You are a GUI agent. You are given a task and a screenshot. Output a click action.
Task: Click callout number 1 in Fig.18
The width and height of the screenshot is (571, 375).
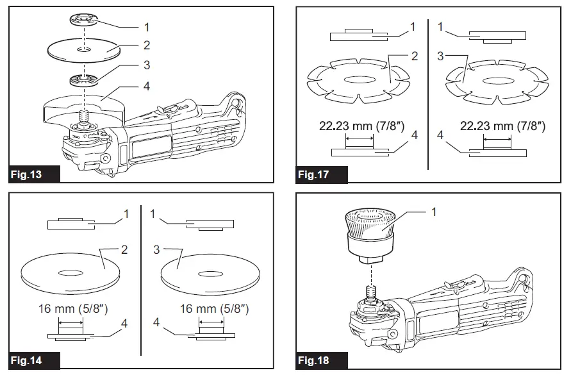(434, 212)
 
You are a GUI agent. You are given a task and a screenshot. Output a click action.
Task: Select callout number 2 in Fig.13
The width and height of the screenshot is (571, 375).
(147, 45)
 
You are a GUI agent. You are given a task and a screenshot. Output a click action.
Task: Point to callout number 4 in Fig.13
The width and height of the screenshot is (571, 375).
(147, 86)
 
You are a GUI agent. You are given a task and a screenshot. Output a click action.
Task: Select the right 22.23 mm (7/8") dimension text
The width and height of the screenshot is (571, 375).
(502, 126)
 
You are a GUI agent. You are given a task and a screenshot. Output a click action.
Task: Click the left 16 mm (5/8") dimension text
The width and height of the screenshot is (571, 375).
(71, 309)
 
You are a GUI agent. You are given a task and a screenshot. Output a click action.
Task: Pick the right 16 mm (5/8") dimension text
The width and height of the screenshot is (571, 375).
(213, 309)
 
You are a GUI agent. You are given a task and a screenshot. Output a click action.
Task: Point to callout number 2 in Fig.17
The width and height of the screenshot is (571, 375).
(415, 56)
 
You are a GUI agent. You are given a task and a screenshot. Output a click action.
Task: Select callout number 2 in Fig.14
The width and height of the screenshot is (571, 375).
(124, 249)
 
